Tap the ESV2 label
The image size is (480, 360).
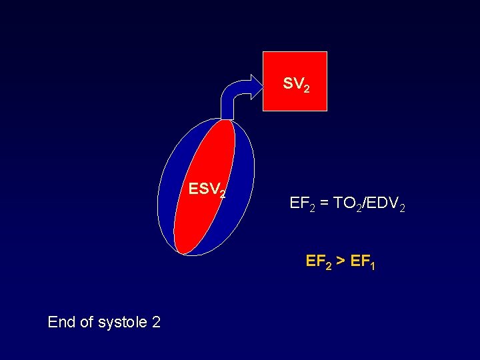pos(207,190)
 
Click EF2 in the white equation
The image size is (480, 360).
pos(301,203)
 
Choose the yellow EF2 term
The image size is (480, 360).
pos(317,261)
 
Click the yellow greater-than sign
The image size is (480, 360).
pos(340,261)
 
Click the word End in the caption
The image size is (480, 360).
pos(61,323)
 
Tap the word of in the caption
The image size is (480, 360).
pos(87,323)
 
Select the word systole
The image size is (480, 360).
pos(123,323)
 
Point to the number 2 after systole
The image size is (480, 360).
pos(156,323)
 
